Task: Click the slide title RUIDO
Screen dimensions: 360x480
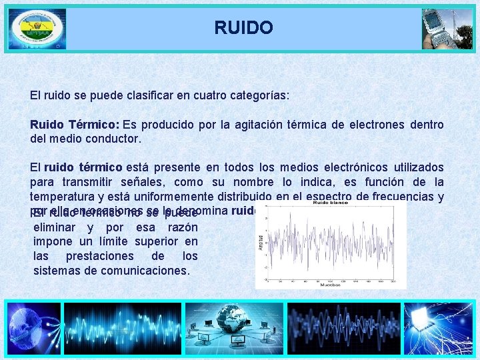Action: tap(243, 28)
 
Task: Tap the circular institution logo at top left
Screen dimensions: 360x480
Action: tap(37, 29)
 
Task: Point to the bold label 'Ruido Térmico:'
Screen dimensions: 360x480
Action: tap(74, 125)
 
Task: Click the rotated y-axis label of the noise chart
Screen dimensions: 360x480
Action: tap(261, 244)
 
